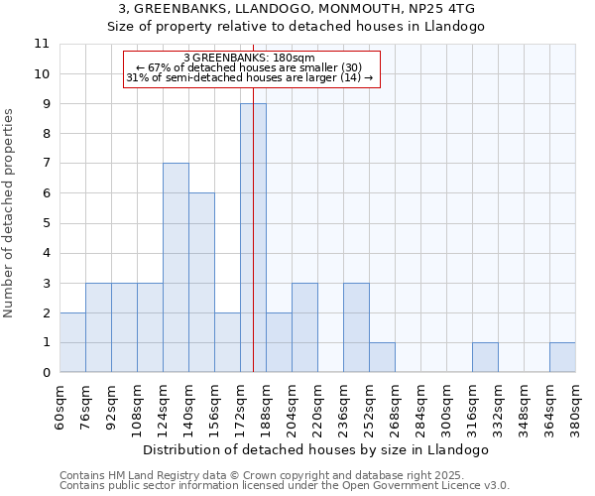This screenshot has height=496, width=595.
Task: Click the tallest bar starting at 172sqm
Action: pyautogui.click(x=253, y=238)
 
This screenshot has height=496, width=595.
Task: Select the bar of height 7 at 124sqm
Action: pyautogui.click(x=176, y=268)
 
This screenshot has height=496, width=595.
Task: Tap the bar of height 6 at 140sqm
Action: pyautogui.click(x=201, y=283)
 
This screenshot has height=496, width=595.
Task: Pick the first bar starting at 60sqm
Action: pyautogui.click(x=72, y=342)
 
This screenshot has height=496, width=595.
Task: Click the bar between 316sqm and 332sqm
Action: pyautogui.click(x=485, y=357)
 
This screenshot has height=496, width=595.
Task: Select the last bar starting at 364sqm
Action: pyautogui.click(x=562, y=357)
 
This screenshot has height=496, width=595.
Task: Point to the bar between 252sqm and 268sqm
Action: pyautogui.click(x=382, y=357)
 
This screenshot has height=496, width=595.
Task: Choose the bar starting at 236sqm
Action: pyautogui.click(x=356, y=327)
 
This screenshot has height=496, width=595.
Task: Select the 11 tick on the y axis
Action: pyautogui.click(x=42, y=44)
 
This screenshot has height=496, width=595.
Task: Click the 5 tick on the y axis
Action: pyautogui.click(x=46, y=223)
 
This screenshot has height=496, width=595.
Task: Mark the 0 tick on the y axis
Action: pyautogui.click(x=46, y=373)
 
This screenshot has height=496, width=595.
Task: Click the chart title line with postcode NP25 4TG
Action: pyautogui.click(x=297, y=9)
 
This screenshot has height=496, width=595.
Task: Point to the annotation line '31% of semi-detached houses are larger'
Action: pyautogui.click(x=250, y=77)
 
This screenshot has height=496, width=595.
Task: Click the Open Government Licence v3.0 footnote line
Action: pyautogui.click(x=285, y=486)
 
